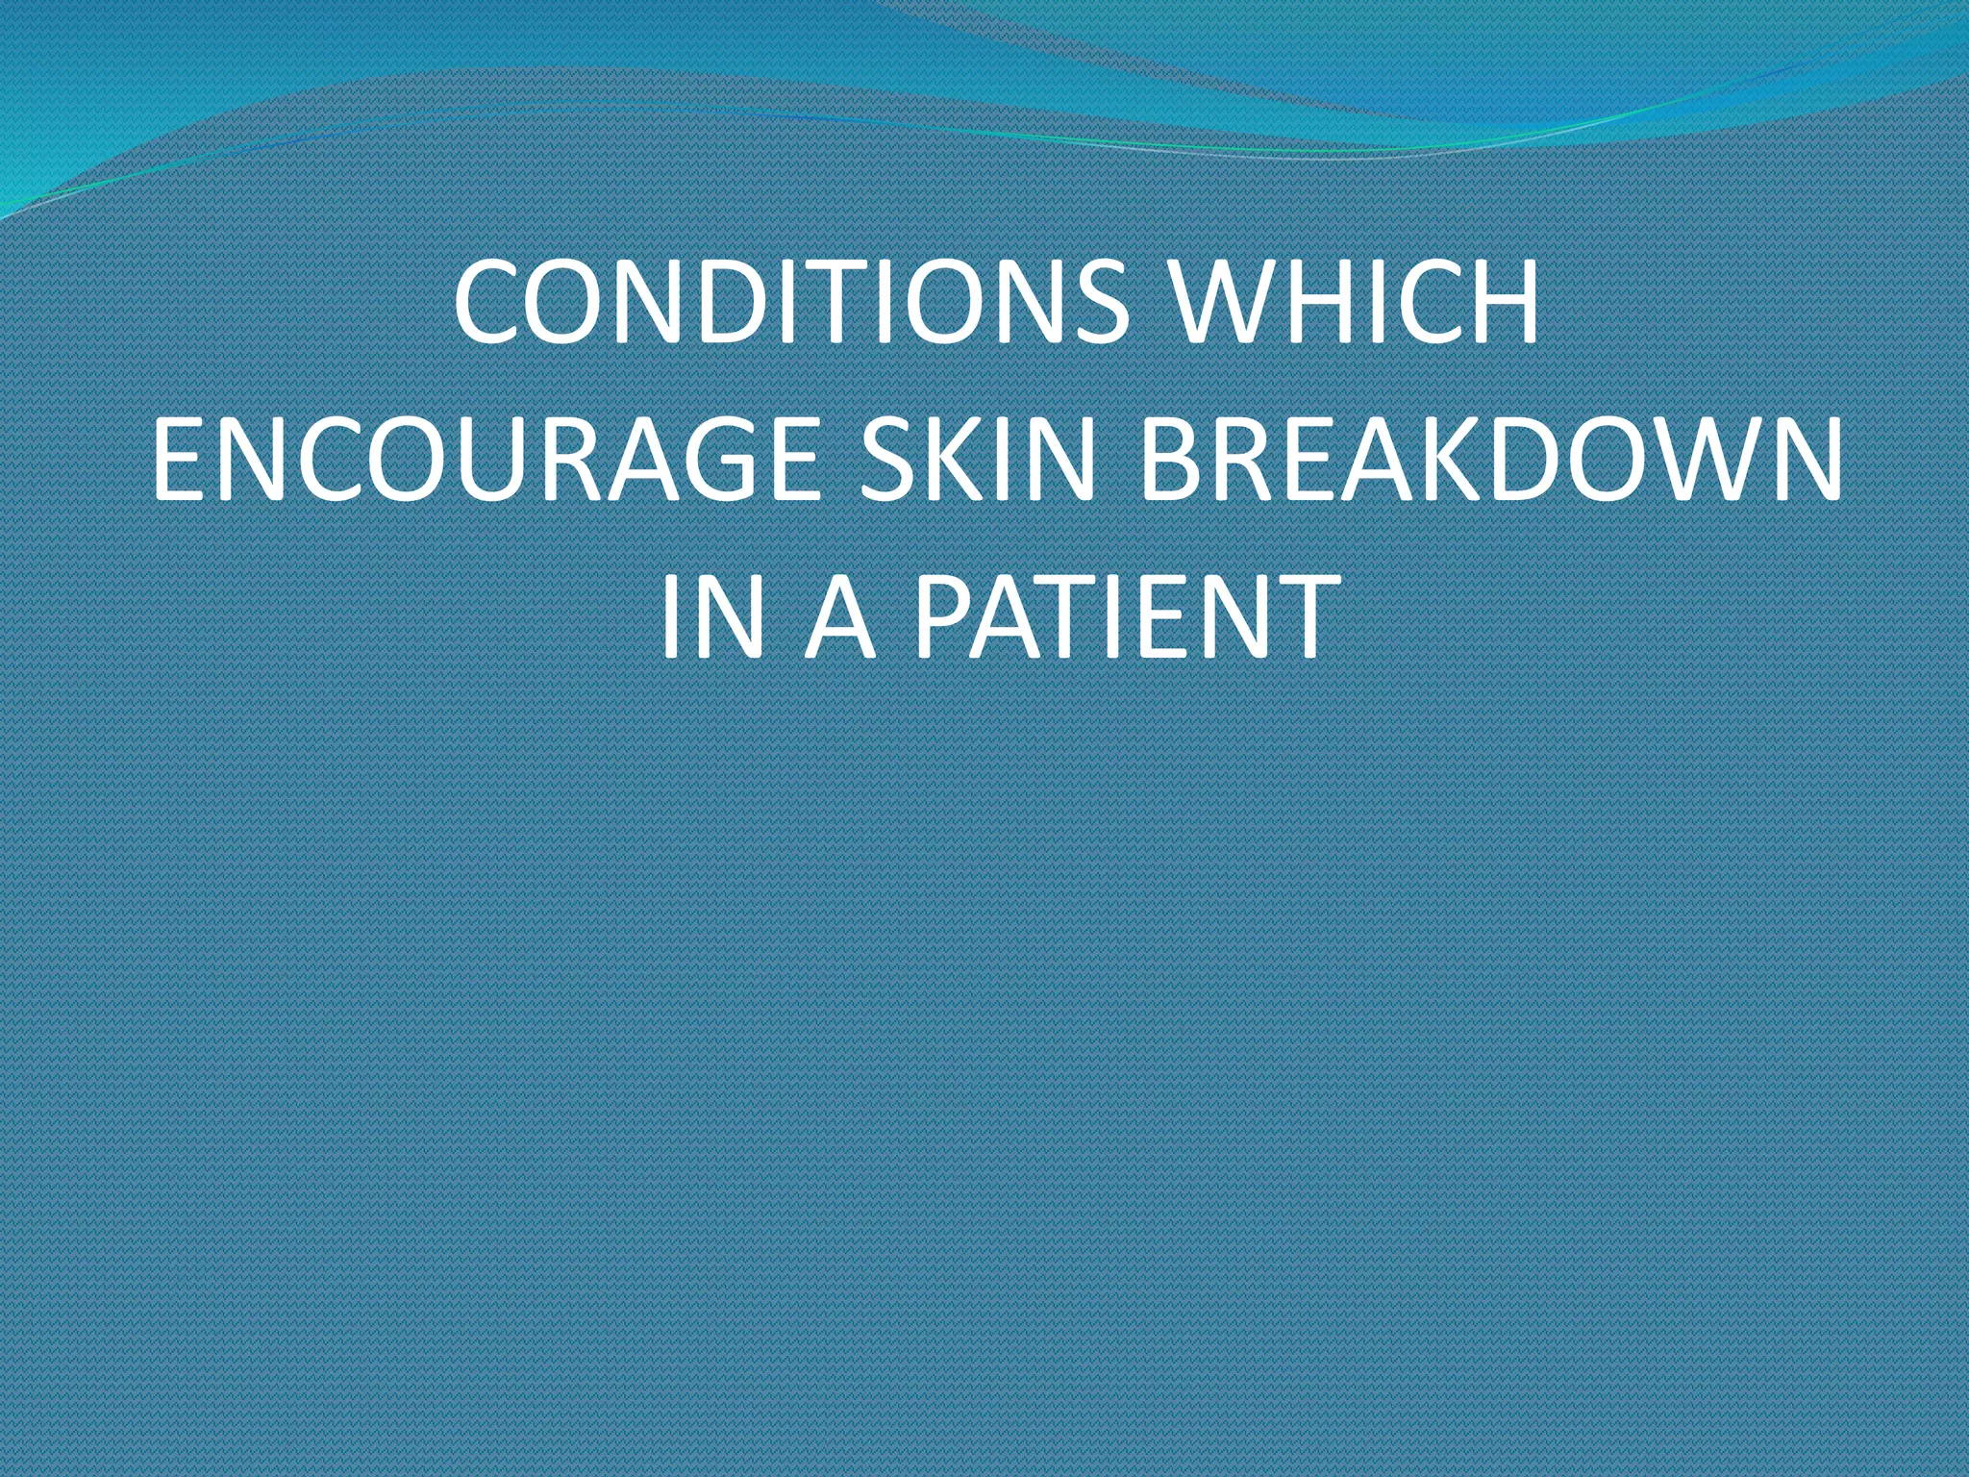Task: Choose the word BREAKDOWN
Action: pos(1490,463)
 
